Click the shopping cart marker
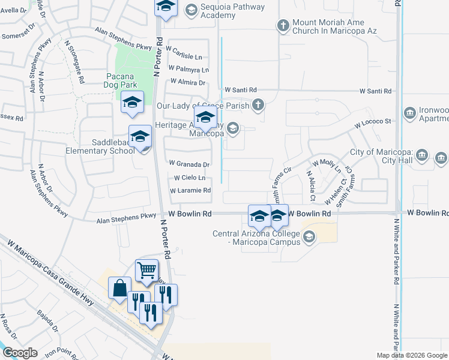pyautogui.click(x=146, y=271)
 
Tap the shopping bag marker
pyautogui.click(x=119, y=287)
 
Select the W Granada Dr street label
pyautogui.click(x=189, y=164)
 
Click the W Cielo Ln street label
pyautogui.click(x=190, y=178)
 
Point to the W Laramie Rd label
pyautogui.click(x=190, y=191)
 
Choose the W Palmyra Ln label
pyautogui.click(x=188, y=69)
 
